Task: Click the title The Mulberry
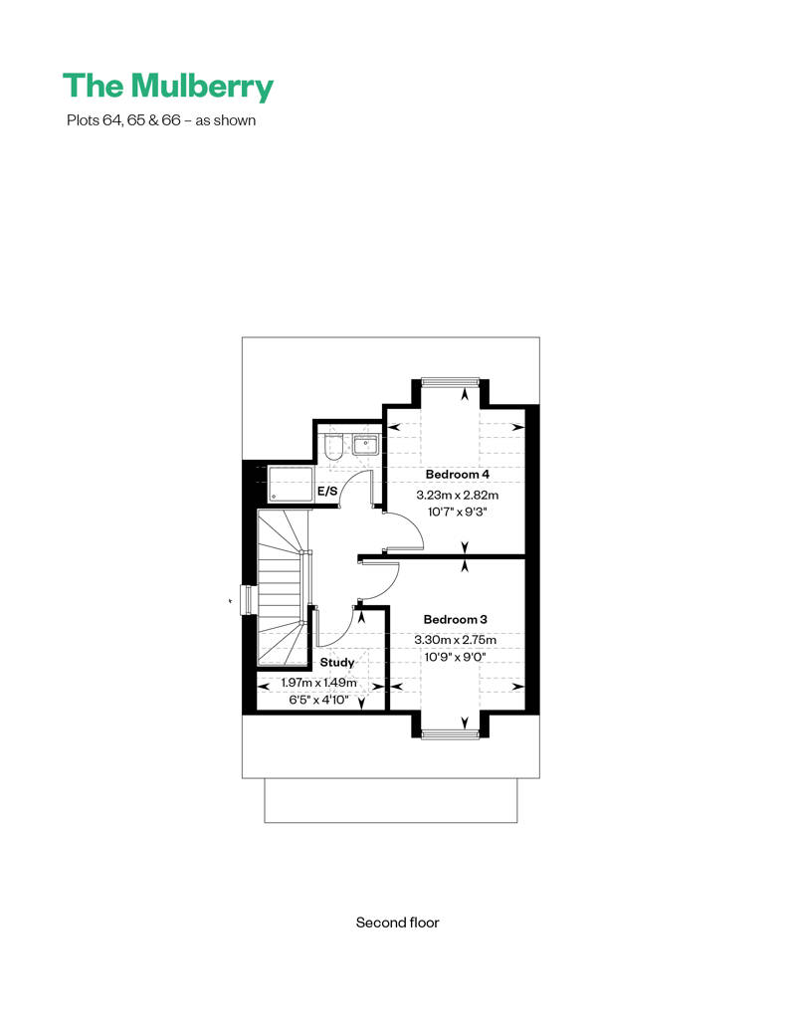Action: pos(167,87)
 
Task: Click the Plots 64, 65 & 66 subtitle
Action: pos(161,120)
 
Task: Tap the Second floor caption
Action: pos(397,923)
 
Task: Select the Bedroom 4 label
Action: pos(458,474)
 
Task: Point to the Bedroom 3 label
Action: pos(455,619)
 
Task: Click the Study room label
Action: pos(337,662)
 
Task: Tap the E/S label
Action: pos(327,492)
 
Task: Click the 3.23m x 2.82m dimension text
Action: pos(458,496)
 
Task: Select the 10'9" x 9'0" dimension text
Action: pos(455,657)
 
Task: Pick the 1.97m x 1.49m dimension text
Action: pos(318,683)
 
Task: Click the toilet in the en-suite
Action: pos(334,447)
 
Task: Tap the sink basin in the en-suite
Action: pos(365,445)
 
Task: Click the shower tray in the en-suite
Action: pos(291,486)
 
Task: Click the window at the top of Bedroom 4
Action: pos(451,381)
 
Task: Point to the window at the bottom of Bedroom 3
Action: pos(451,734)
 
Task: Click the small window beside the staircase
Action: pos(247,600)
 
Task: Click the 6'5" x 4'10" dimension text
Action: pos(318,701)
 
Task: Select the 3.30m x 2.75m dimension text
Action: pos(455,640)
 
